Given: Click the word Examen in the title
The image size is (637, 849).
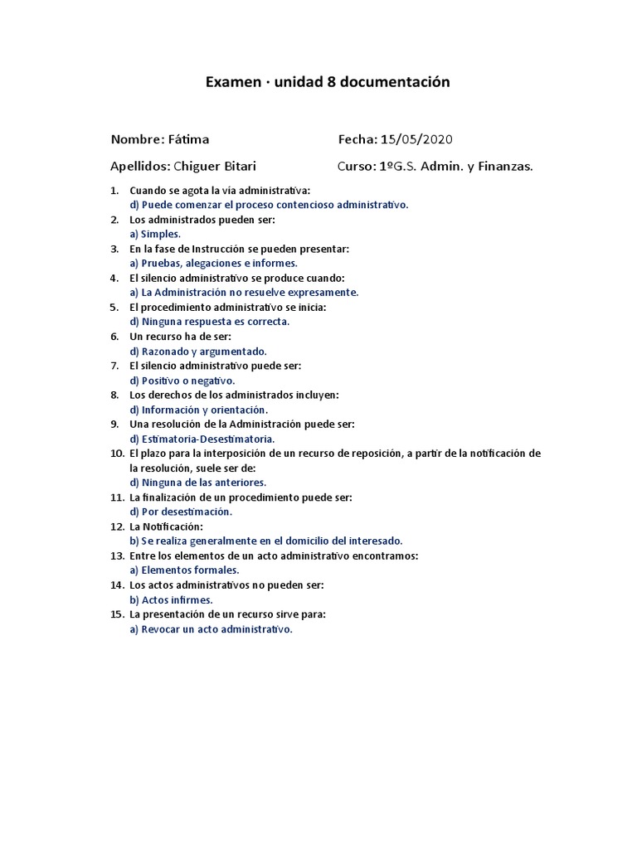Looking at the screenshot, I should pos(231,82).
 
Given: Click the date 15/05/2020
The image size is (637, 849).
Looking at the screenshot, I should pos(417,138).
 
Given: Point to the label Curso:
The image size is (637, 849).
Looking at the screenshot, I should pos(356,166).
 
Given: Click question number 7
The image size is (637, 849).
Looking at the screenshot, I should pos(114,366).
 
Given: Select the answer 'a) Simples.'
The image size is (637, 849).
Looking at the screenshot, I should pos(155,234).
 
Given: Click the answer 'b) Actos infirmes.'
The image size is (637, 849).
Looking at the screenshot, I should pos(172,599).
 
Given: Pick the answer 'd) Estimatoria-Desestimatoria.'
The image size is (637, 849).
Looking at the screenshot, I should pos(202,439).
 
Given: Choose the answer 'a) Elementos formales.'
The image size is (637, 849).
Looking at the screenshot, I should pos(185,570).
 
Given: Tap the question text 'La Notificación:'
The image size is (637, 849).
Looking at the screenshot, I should pos(167,526).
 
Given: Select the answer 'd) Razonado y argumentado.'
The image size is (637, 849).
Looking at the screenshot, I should pos(198,351).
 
